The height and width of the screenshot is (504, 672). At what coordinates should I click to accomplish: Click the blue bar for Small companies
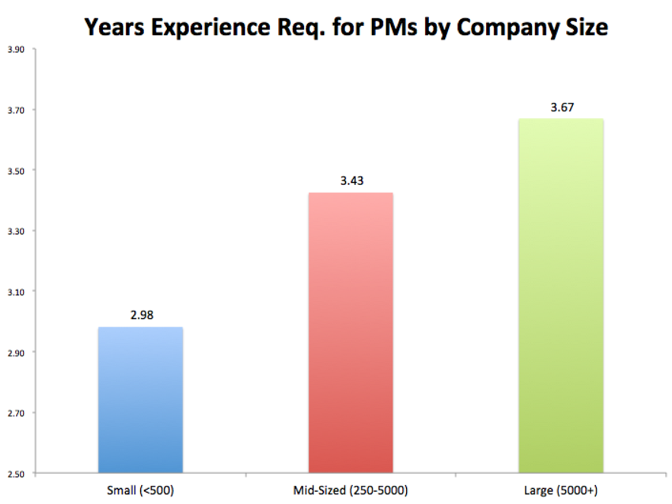(141, 400)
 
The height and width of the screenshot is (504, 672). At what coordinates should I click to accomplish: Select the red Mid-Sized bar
(351, 333)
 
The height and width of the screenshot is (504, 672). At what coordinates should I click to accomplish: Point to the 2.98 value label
(141, 315)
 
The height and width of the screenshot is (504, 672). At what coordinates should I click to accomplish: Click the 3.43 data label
(351, 181)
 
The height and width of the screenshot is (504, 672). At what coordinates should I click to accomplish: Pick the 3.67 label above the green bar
(561, 108)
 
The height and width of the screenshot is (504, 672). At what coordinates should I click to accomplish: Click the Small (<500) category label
(141, 491)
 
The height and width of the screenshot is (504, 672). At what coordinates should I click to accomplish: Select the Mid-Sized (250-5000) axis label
(351, 491)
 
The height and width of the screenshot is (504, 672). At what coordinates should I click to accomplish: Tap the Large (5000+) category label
(561, 491)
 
